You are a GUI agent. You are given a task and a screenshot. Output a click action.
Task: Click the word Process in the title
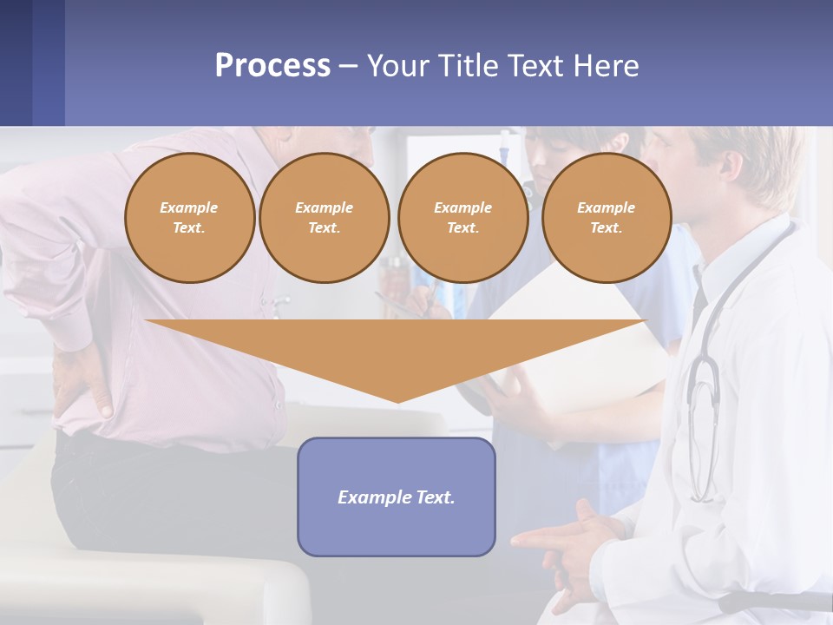[x=272, y=66]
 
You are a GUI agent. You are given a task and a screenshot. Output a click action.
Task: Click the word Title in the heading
[x=468, y=66]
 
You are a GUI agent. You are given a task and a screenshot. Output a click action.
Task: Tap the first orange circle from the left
[x=189, y=218]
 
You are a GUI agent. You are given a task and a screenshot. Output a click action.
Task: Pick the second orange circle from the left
[x=324, y=218]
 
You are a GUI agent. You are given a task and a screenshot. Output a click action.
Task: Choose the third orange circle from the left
[x=462, y=218]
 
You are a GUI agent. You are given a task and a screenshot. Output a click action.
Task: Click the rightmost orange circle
[x=606, y=218]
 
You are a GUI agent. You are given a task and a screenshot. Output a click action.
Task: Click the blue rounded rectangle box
[x=397, y=530]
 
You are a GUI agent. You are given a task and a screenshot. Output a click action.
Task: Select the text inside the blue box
[x=397, y=497]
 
